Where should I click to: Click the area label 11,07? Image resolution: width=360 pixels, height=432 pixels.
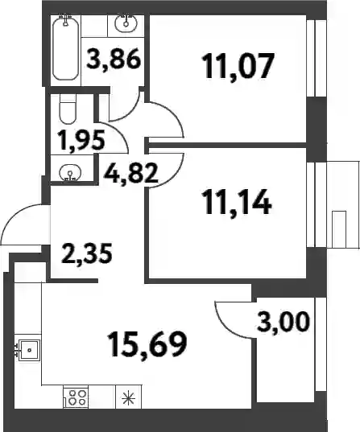[x=238, y=67]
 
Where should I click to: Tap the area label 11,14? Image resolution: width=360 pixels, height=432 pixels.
[x=237, y=202]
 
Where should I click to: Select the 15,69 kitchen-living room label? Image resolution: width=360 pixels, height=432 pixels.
[x=147, y=344]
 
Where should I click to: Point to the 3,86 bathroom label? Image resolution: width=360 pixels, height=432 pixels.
[x=114, y=60]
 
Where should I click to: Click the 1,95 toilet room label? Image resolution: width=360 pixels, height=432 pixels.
[x=81, y=141]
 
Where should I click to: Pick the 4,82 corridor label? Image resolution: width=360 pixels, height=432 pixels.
[x=130, y=173]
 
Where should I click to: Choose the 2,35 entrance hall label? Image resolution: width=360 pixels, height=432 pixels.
[x=87, y=253]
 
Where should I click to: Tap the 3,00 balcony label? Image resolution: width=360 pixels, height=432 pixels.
[x=283, y=322]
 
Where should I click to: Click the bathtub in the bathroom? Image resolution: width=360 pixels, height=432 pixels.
[x=65, y=48]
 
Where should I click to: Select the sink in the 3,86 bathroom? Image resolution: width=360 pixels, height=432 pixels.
[x=126, y=21]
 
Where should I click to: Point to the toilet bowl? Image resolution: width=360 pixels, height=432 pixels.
[x=68, y=109]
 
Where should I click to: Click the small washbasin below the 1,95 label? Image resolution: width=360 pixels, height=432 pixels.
[x=70, y=173]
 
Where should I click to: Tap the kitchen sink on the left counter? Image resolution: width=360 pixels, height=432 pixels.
[x=28, y=351]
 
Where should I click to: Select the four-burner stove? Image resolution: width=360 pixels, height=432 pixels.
[x=76, y=398]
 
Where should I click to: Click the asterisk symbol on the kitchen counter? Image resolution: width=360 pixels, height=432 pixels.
[x=129, y=399]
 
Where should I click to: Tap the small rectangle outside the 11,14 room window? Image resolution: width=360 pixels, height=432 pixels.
[x=339, y=229]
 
